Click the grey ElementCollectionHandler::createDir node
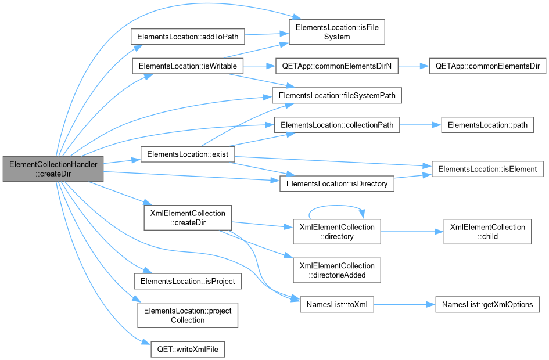(53, 169)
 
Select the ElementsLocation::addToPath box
(188, 37)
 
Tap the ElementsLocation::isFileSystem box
(337, 32)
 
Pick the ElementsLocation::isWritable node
(188, 66)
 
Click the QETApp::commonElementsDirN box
(337, 66)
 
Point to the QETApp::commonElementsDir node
(487, 66)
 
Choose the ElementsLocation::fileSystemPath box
(337, 95)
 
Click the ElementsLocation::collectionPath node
(337, 125)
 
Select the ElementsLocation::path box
(487, 125)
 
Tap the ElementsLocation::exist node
(188, 154)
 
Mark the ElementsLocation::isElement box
(487, 169)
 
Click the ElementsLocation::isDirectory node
(337, 183)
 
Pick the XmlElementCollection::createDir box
(188, 218)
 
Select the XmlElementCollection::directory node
(337, 232)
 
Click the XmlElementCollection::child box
(487, 232)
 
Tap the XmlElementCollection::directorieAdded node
(337, 270)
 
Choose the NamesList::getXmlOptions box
(487, 304)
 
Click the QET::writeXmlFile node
(188, 349)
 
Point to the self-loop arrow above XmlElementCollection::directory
(336, 206)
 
